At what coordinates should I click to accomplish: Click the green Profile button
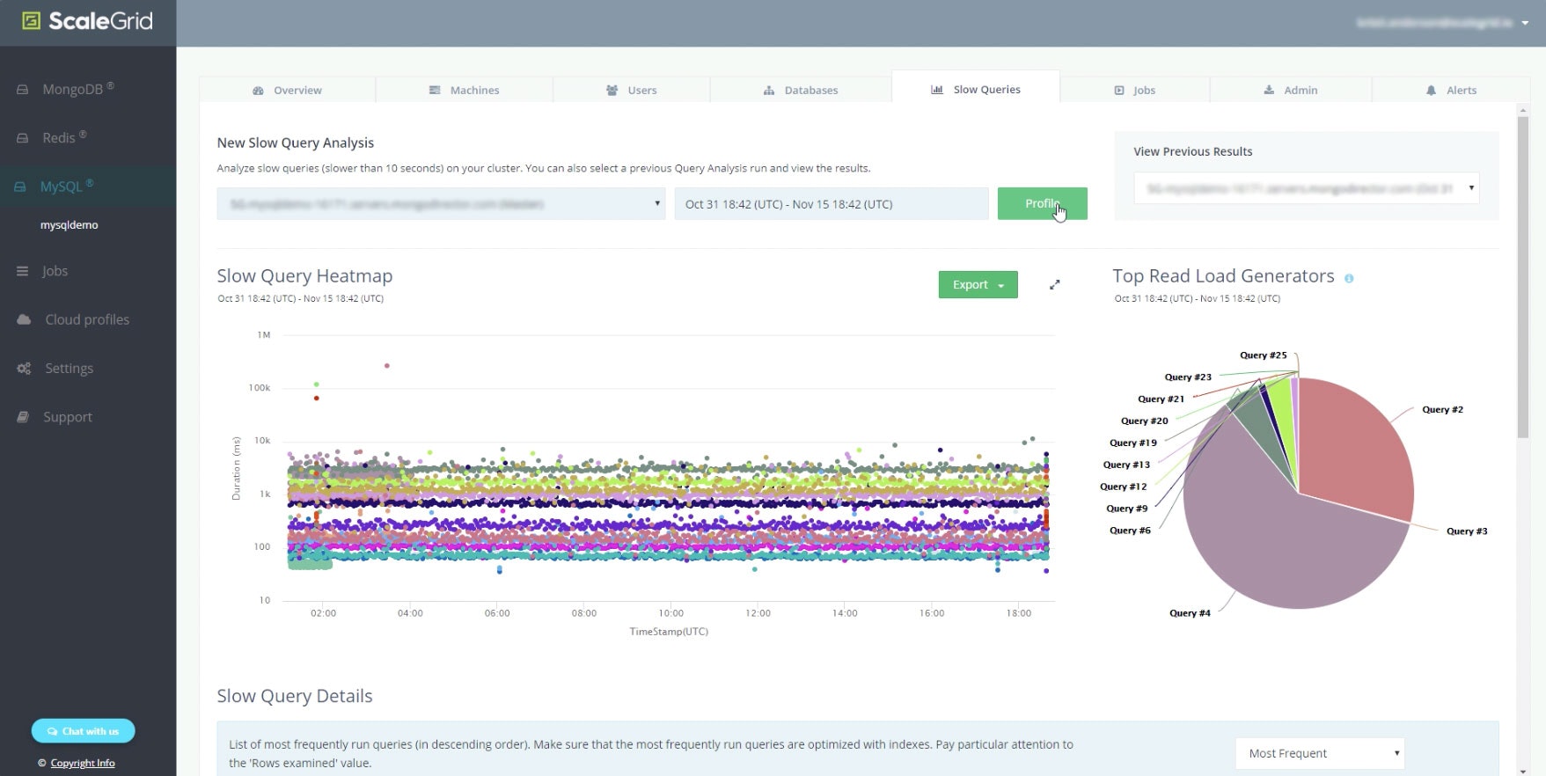click(x=1042, y=203)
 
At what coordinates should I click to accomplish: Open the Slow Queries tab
click(x=976, y=89)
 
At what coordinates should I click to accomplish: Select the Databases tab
click(x=801, y=90)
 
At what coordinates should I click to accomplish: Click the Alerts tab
click(x=1451, y=90)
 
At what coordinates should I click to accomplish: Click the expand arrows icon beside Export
click(x=1054, y=284)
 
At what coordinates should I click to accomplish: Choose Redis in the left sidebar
click(x=58, y=137)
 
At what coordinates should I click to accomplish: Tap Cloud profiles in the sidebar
click(x=86, y=319)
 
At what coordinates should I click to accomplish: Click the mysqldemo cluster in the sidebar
click(x=69, y=225)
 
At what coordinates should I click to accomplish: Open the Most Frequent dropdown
click(x=1320, y=753)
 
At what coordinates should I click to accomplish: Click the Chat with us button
click(x=84, y=731)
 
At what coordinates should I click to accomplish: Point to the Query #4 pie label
click(x=1190, y=613)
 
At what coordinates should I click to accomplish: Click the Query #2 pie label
click(x=1442, y=409)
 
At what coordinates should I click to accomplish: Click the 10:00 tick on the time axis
click(x=670, y=613)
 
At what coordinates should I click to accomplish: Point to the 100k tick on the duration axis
click(x=260, y=388)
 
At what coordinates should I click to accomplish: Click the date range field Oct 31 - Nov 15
click(x=831, y=204)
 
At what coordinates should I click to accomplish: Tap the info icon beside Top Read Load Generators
click(x=1349, y=278)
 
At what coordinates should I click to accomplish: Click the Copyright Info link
click(x=82, y=763)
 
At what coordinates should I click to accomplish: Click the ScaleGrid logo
click(x=88, y=21)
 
